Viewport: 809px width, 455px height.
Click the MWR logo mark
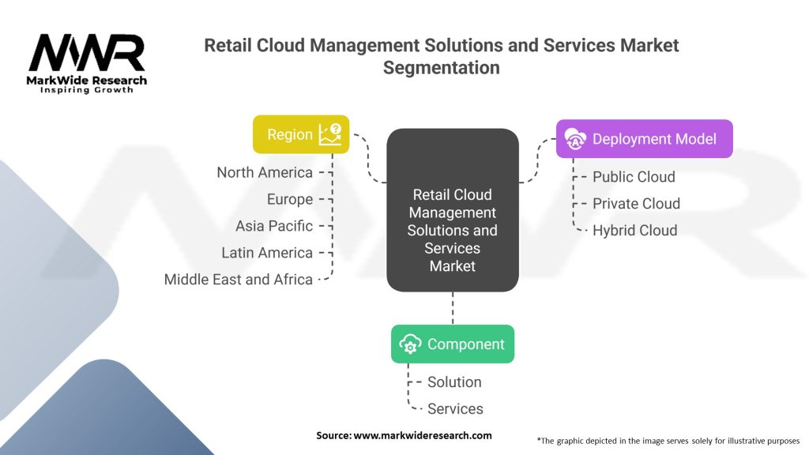[87, 53]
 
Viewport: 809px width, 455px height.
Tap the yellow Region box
[301, 134]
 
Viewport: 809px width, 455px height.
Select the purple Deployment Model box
[645, 139]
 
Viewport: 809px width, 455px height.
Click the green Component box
[453, 344]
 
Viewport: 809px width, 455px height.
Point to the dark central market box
[453, 210]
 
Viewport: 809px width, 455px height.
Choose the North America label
[265, 172]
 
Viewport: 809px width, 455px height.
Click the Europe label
[290, 199]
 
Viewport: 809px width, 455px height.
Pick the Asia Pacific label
[274, 226]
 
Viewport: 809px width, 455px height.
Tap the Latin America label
[267, 253]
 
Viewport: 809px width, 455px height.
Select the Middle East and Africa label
[239, 280]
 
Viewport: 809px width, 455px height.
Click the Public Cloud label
[634, 177]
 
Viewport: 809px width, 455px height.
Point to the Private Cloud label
[636, 204]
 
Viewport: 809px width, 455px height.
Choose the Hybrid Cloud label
[634, 231]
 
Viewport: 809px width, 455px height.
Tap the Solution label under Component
[454, 382]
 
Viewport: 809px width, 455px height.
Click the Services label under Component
[455, 409]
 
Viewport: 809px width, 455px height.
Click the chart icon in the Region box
[330, 134]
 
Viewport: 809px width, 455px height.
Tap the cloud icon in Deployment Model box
[575, 139]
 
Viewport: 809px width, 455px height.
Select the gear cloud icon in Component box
[410, 344]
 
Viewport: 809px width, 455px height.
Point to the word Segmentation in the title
[441, 68]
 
